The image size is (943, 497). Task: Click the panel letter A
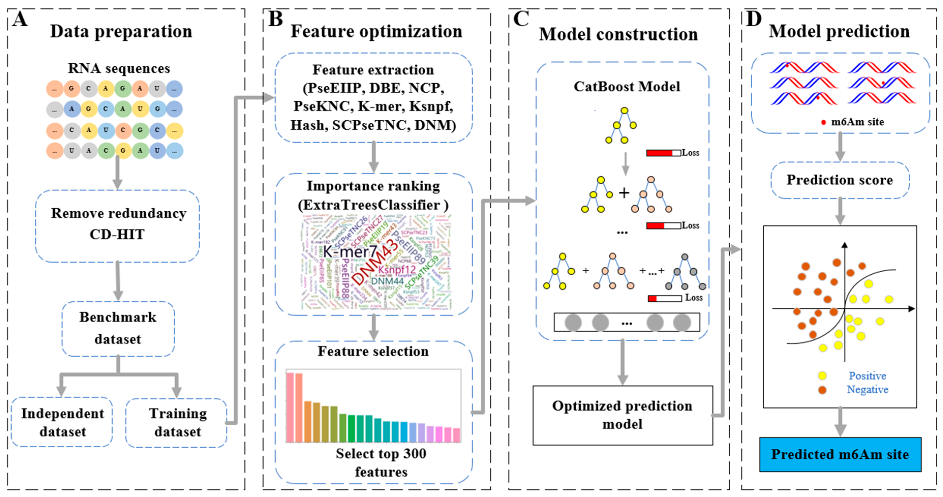click(x=20, y=19)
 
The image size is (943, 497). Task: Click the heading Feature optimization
click(x=376, y=32)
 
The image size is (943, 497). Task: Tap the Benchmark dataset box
click(x=118, y=328)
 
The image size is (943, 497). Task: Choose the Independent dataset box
click(x=62, y=422)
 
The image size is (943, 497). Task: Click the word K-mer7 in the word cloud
click(x=350, y=252)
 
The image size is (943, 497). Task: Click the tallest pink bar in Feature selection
click(x=290, y=406)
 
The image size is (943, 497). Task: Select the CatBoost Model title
click(x=626, y=87)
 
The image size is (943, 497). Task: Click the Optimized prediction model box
click(x=622, y=415)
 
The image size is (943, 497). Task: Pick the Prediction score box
click(x=840, y=180)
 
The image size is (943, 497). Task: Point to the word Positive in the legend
click(x=867, y=376)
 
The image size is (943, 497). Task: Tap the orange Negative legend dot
click(x=822, y=390)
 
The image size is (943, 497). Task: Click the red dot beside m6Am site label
click(x=824, y=122)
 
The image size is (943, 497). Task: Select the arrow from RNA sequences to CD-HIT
click(x=117, y=172)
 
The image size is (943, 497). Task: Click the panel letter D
click(x=753, y=19)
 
